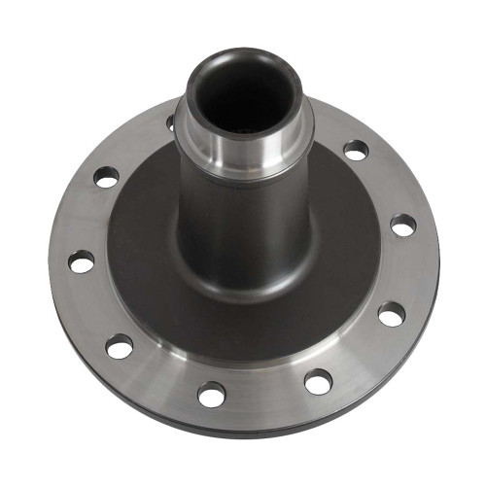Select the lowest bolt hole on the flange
pyautogui.click(x=211, y=394)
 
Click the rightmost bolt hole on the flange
pyautogui.click(x=402, y=226)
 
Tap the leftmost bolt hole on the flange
pyautogui.click(x=82, y=261)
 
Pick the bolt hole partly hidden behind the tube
pyautogui.click(x=171, y=122)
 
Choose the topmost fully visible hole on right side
pyautogui.click(x=357, y=150)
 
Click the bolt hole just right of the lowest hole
pyautogui.click(x=317, y=381)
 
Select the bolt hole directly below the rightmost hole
pyautogui.click(x=391, y=314)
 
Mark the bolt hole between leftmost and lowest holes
pyautogui.click(x=120, y=345)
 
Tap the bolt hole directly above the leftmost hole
pyautogui.click(x=106, y=177)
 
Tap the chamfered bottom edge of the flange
pyautogui.click(x=243, y=428)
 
